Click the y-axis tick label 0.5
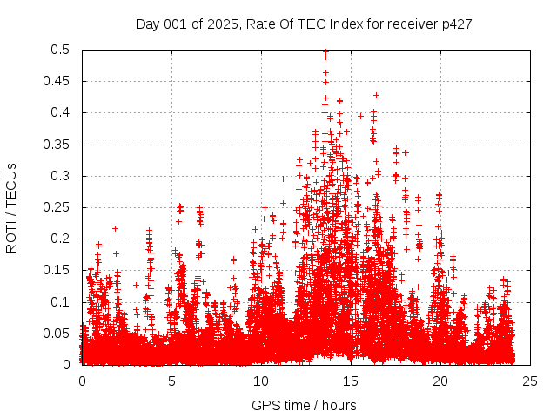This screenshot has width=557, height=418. pos(61,50)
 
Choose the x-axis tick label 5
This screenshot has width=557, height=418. pos(171,381)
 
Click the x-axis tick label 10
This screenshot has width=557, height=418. pos(261,381)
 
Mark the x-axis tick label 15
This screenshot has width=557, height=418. pos(351,381)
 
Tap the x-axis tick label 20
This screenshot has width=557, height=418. pos(440,381)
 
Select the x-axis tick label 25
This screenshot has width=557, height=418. pos(530,381)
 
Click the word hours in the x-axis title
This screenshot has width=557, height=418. pos(338,405)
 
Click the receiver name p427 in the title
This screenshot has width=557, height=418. pos(457,24)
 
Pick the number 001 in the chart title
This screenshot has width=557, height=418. pos(178,24)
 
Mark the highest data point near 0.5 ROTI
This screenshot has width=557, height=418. pos(325,52)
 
